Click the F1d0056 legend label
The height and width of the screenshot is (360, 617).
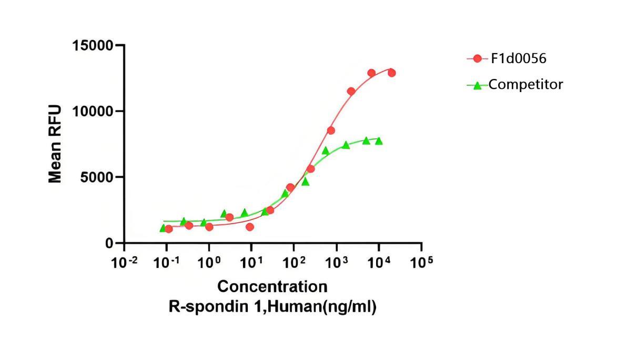coord(519,58)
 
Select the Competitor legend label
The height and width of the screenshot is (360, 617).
coord(526,84)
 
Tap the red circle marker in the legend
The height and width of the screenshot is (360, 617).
coord(477,58)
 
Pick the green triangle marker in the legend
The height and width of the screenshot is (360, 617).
coord(477,85)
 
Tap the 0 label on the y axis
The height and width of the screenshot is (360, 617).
coord(109,243)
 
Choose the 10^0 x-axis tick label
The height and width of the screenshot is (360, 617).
coord(209,262)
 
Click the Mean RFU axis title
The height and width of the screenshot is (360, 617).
coord(55,144)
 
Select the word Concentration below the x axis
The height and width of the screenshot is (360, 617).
coord(272,287)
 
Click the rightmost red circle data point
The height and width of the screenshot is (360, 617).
coord(391,73)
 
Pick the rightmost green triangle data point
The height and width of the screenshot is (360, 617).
coord(379,141)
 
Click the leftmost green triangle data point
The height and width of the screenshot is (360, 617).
coord(163,228)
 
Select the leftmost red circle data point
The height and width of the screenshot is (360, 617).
coord(168,229)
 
